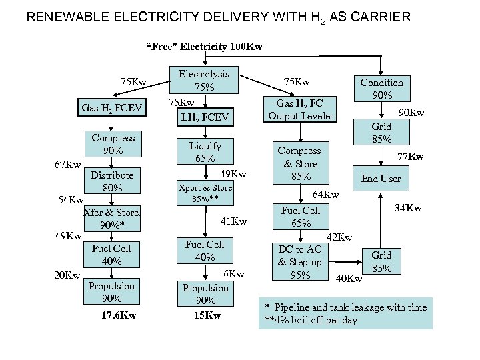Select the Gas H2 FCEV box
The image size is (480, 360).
click(111, 107)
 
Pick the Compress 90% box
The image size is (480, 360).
click(113, 144)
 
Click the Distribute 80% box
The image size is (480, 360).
click(112, 181)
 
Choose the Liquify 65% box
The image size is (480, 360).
click(205, 151)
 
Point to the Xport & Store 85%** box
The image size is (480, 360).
click(205, 193)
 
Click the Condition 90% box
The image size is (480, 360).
click(381, 89)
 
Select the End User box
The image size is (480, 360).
click(381, 178)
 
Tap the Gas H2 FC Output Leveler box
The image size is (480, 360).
click(301, 109)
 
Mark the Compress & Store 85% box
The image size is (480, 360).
click(299, 163)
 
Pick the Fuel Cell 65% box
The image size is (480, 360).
click(301, 216)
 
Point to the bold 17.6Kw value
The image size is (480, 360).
click(119, 315)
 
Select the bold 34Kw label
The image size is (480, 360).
click(407, 209)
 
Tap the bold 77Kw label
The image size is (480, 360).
click(411, 157)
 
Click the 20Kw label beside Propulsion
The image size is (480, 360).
click(67, 275)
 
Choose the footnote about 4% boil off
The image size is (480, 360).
click(311, 320)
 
